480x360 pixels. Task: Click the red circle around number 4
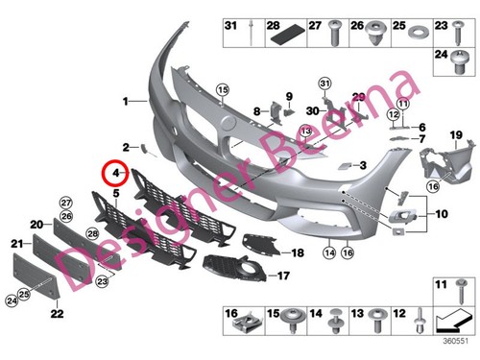(116, 173)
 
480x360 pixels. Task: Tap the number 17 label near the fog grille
(283, 276)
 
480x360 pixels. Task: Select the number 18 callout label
(298, 253)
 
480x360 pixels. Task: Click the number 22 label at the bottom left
(57, 314)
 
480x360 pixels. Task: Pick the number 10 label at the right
(442, 213)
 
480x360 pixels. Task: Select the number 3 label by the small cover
(364, 165)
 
